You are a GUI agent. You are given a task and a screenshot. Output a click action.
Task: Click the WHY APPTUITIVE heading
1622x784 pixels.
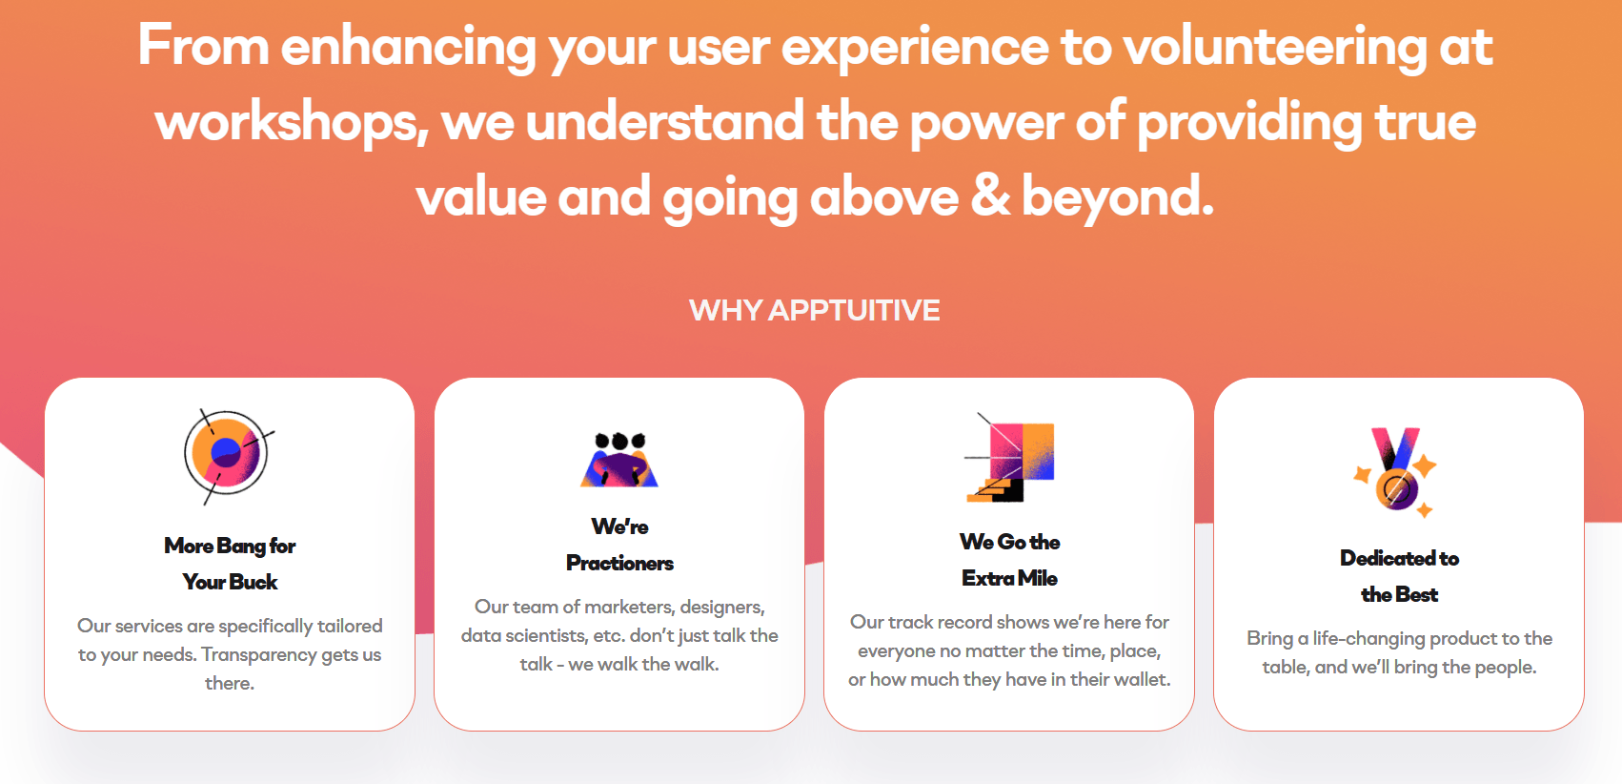815,310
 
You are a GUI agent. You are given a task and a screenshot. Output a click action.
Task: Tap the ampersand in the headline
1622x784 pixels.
990,196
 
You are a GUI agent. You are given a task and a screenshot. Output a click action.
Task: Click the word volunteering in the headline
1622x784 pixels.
1274,49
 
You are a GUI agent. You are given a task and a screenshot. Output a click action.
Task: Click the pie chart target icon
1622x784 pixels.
228,455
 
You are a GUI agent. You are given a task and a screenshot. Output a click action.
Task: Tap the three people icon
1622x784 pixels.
619,460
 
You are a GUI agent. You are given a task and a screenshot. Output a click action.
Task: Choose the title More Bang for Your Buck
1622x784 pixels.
230,564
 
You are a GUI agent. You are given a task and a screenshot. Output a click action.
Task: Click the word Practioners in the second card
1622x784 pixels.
619,563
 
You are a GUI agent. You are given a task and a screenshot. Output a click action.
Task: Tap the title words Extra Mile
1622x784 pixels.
1009,578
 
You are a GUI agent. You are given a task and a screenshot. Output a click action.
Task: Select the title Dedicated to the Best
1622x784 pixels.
1399,576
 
